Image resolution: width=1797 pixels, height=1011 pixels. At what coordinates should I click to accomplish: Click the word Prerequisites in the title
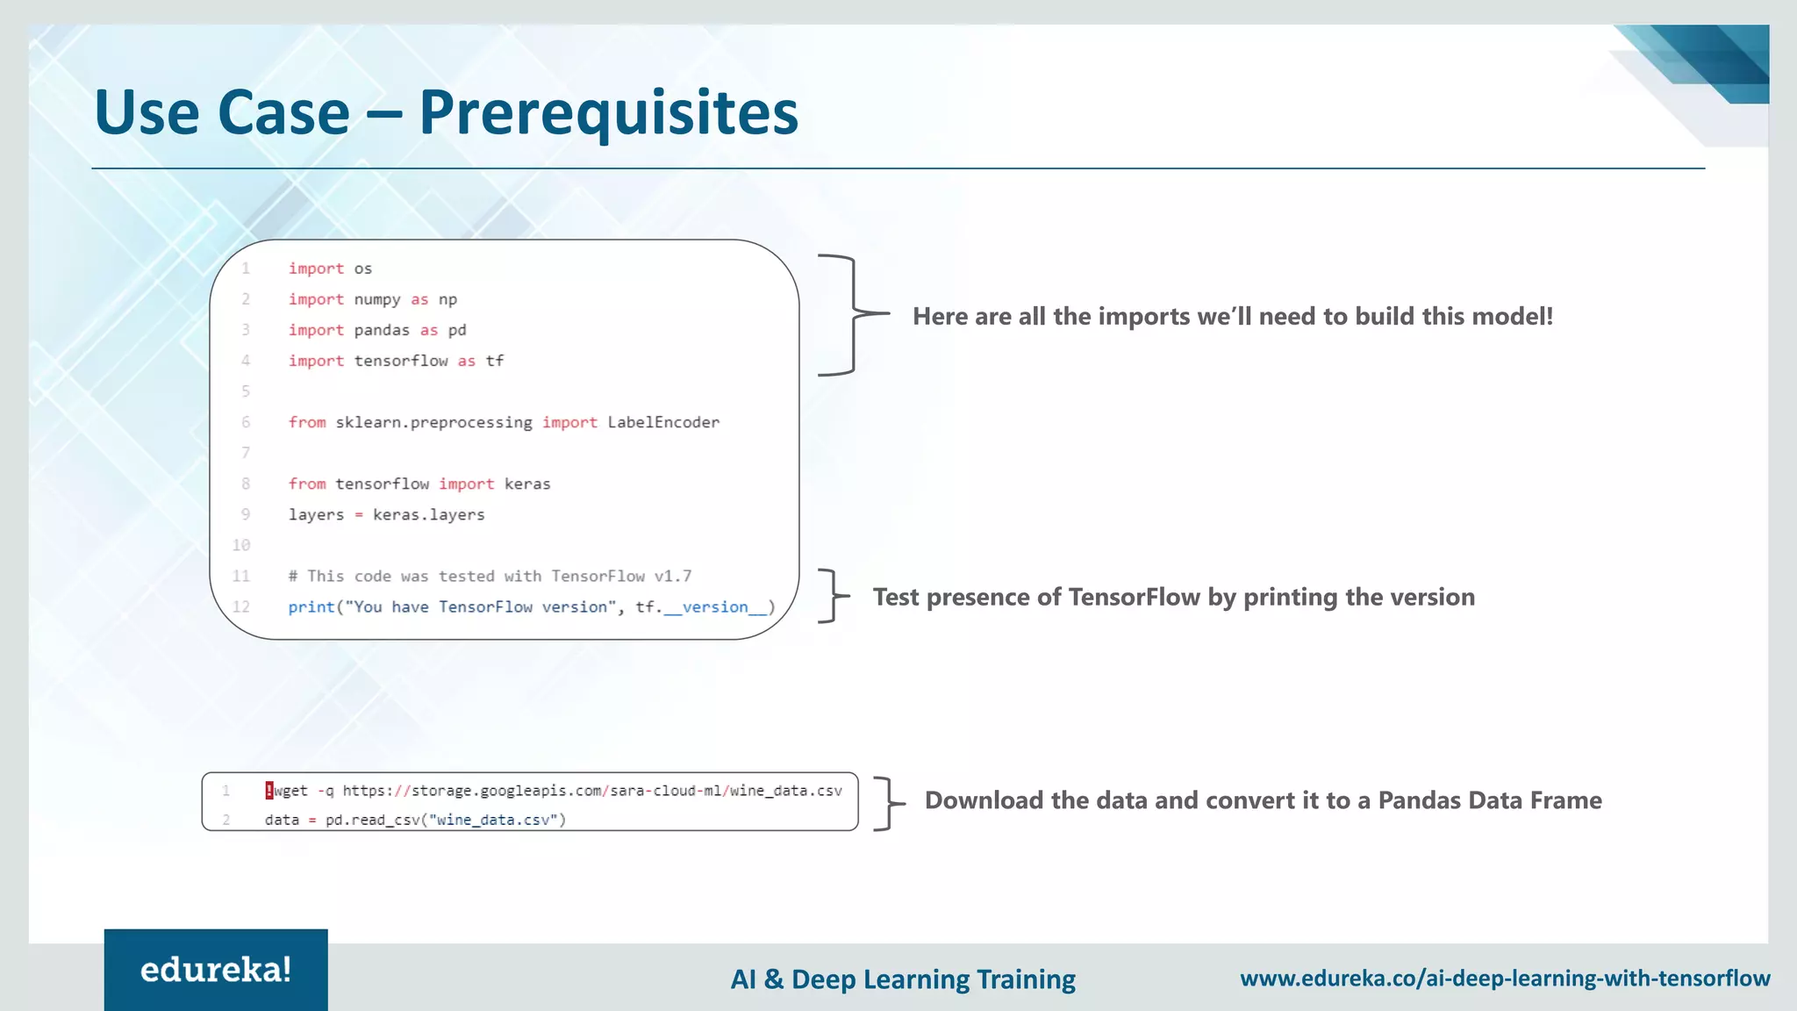(608, 112)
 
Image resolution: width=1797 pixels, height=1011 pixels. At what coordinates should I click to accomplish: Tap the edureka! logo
(216, 970)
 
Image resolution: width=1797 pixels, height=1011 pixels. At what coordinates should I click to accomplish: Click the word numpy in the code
(376, 299)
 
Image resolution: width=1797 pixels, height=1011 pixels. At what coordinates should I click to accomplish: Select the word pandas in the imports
(382, 330)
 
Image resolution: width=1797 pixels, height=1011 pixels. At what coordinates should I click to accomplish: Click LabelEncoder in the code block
(663, 422)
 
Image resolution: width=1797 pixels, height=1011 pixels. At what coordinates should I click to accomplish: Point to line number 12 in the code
(241, 606)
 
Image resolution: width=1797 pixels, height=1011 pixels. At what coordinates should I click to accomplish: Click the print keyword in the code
(311, 606)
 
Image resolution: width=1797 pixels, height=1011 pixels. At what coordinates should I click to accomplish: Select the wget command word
(291, 791)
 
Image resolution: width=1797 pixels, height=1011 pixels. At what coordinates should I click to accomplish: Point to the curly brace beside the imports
(849, 314)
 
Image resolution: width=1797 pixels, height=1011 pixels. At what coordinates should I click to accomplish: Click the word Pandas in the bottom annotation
(1419, 800)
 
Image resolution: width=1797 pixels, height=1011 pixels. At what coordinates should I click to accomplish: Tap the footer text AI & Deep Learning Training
(903, 979)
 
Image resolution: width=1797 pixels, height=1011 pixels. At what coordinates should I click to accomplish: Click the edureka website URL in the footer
(1504, 978)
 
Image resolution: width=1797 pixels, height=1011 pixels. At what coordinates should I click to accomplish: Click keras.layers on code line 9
(428, 514)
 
